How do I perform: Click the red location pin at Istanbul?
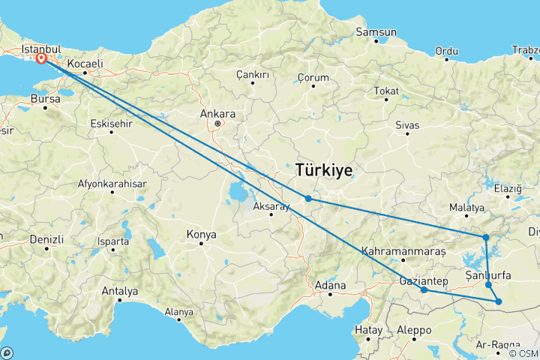click(40, 57)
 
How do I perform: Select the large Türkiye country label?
click(324, 170)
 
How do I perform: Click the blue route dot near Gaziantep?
click(424, 289)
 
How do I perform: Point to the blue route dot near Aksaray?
click(308, 198)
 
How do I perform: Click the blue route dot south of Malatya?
click(486, 238)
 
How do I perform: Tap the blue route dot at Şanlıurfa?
click(488, 284)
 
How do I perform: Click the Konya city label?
click(201, 235)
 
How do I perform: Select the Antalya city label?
click(119, 290)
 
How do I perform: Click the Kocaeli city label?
click(84, 64)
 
